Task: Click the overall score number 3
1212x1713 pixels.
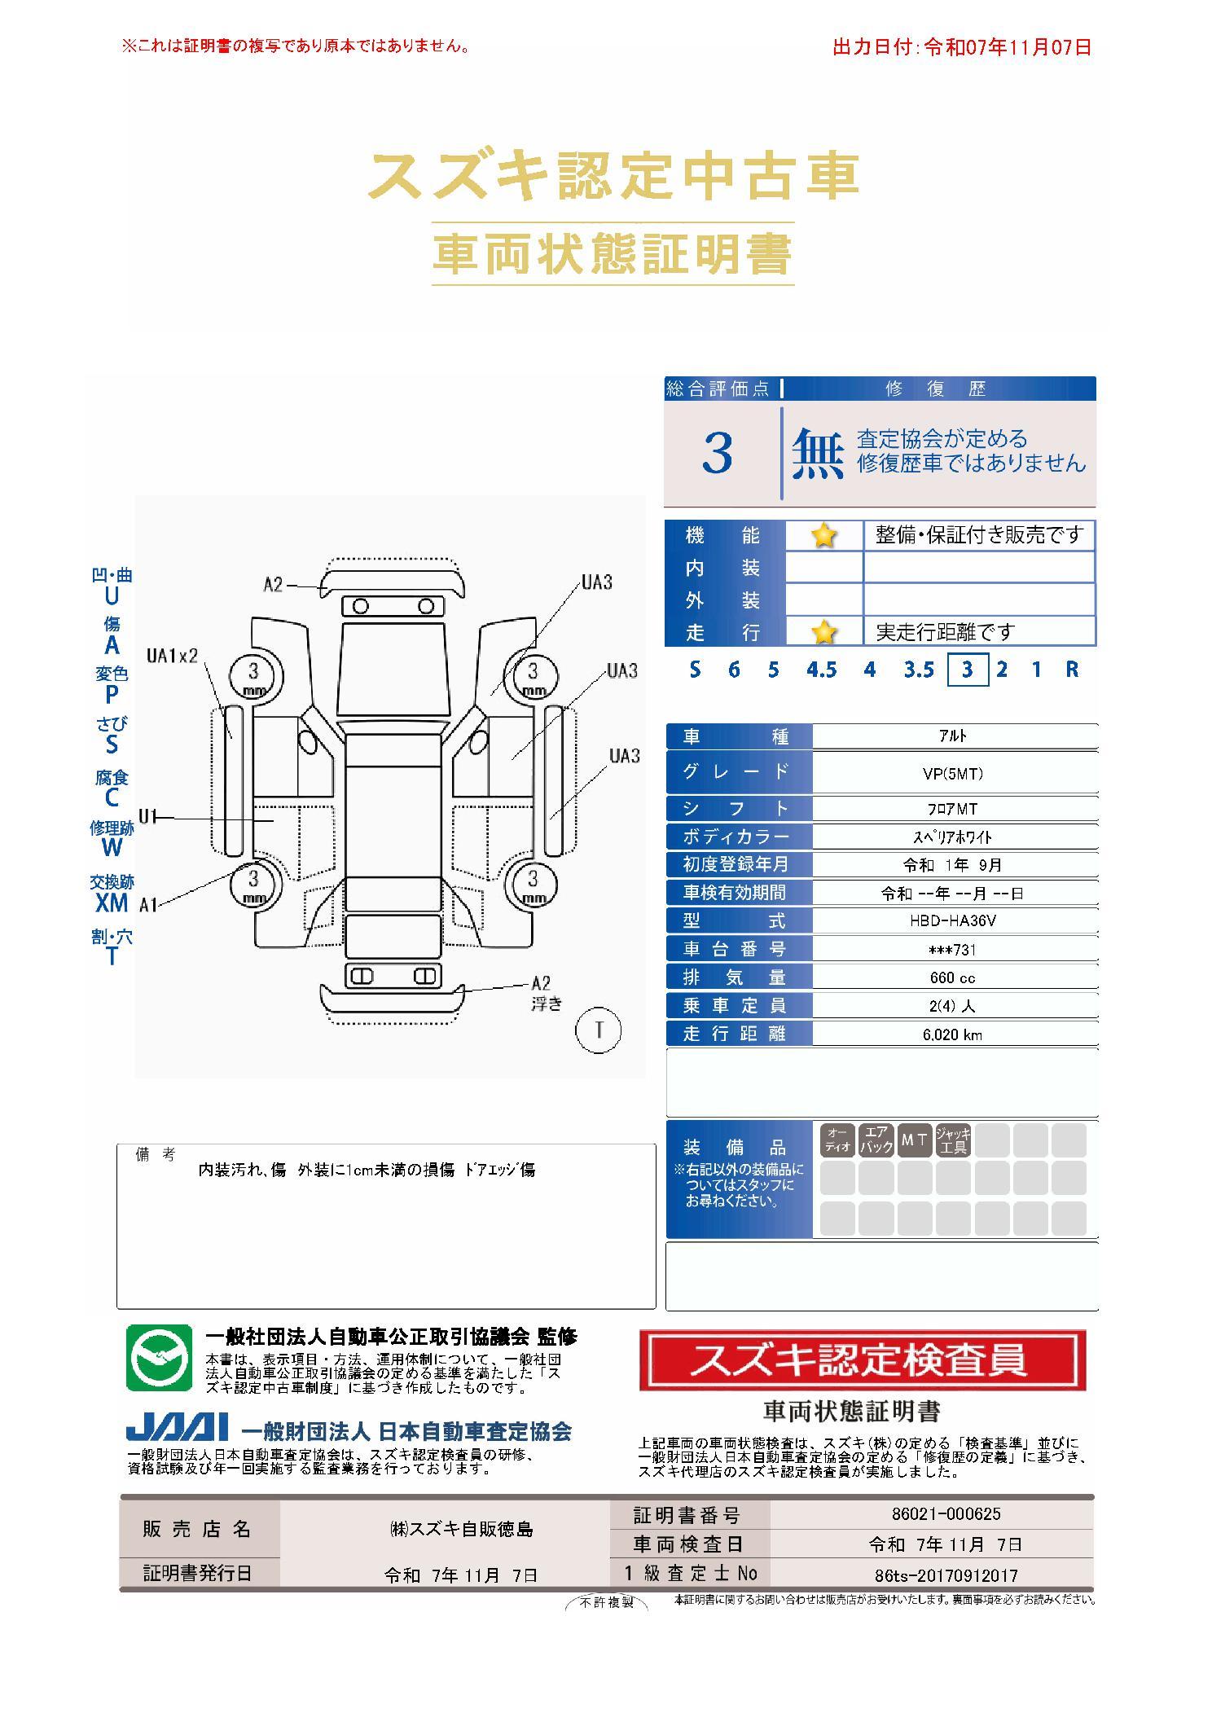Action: pos(717,454)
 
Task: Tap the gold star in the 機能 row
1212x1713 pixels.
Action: pos(823,535)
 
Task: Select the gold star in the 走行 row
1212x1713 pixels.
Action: pos(823,631)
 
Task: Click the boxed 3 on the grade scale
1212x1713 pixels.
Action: pos(968,670)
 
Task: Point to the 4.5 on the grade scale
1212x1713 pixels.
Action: pos(821,670)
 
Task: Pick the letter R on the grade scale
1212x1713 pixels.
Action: pos(1072,670)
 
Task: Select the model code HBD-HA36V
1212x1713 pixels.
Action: pos(953,920)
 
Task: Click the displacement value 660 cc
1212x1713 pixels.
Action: pos(952,977)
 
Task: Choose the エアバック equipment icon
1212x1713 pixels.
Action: pos(876,1140)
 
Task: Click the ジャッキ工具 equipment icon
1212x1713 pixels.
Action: pos(953,1140)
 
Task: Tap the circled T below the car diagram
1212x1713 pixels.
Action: pos(599,1030)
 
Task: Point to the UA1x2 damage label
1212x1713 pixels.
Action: pos(172,656)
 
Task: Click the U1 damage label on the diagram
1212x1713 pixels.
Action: pos(147,816)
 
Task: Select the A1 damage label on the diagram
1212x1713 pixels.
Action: pos(148,905)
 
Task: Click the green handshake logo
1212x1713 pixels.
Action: pos(160,1358)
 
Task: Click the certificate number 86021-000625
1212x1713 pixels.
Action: pos(946,1514)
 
